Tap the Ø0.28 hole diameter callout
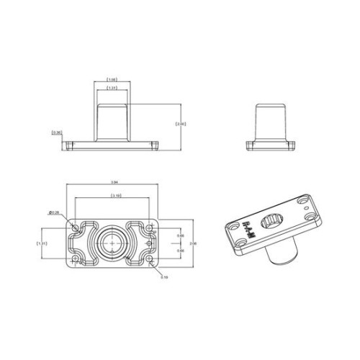point(53,212)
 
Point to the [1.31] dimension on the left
point(42,244)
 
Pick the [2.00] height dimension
point(181,125)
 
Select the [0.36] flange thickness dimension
point(56,132)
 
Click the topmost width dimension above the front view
point(112,79)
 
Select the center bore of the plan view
point(112,244)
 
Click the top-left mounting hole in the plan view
point(75,228)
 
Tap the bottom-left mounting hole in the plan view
point(75,260)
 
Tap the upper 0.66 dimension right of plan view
point(181,236)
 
